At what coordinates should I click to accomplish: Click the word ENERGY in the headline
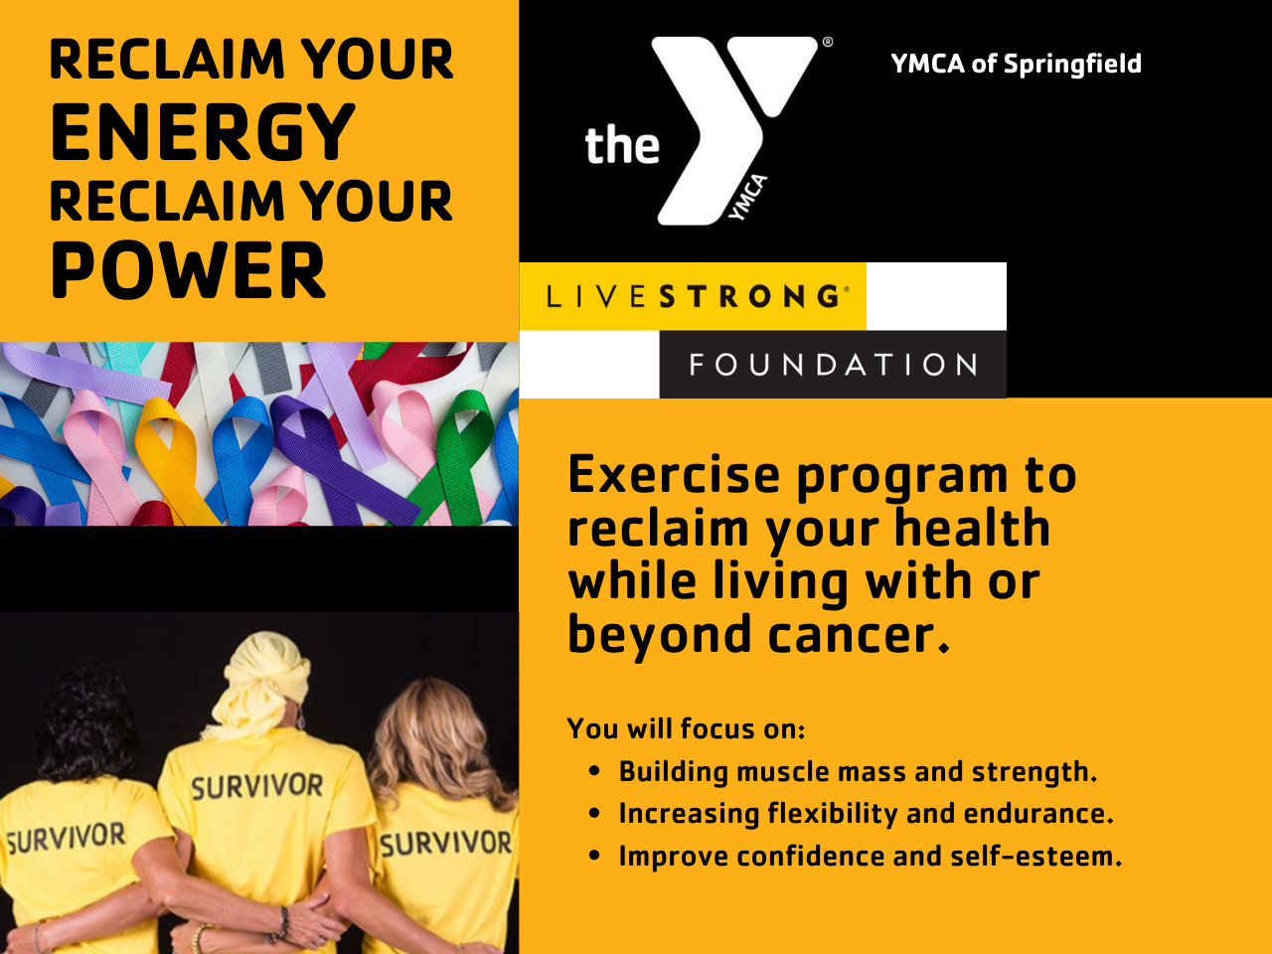tap(203, 131)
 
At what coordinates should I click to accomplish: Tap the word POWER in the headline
tap(189, 270)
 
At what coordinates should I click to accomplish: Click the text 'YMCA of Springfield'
tap(1016, 64)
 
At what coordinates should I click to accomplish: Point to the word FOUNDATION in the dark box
tap(834, 365)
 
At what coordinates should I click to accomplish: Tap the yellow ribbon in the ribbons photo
tap(168, 457)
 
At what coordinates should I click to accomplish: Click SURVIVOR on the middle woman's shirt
tap(257, 786)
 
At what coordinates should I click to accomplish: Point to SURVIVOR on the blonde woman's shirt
tap(445, 843)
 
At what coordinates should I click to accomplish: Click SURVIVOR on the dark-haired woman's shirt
tap(66, 838)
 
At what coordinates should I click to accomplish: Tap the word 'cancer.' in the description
tap(860, 634)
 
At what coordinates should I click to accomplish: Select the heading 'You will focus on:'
tap(686, 728)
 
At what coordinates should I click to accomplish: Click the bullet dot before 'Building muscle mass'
tap(594, 771)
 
